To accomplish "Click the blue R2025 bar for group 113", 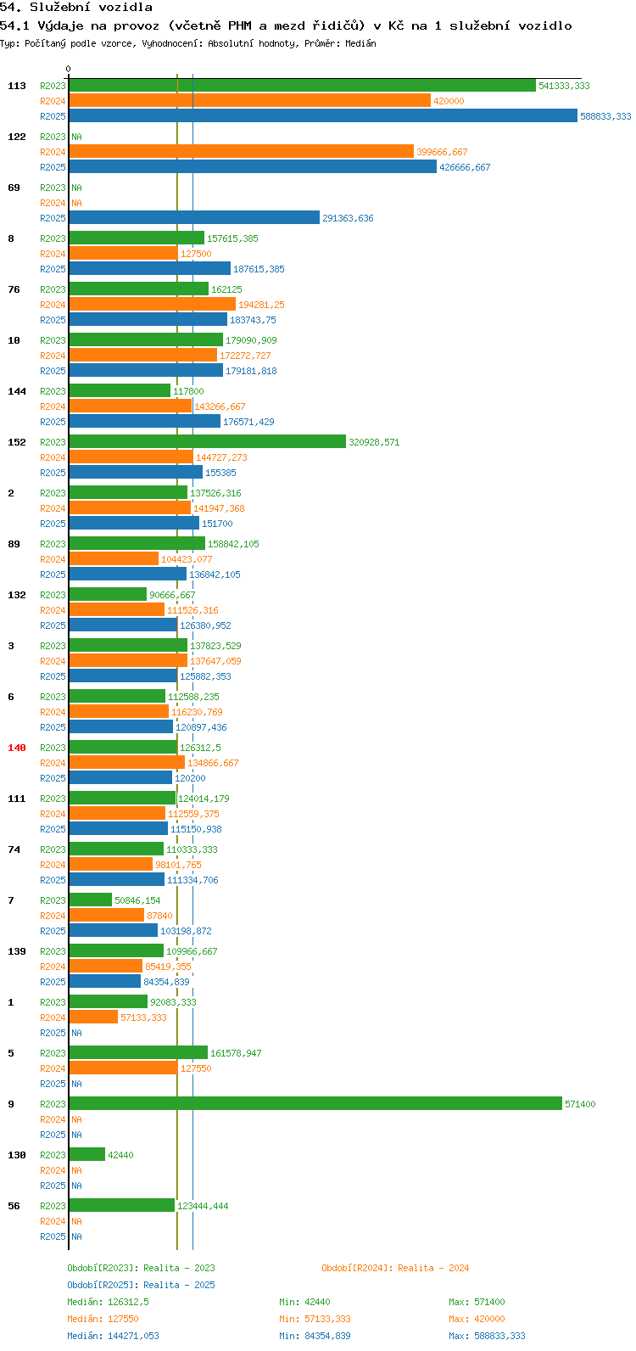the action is (x=323, y=115).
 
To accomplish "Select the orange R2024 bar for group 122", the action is (x=241, y=151).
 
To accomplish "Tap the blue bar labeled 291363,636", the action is (x=194, y=218).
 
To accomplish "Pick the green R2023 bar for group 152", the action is (x=208, y=441).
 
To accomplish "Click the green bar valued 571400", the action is (x=315, y=1103).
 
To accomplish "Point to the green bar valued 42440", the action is (x=86, y=1154).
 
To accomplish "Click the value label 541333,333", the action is (x=564, y=86).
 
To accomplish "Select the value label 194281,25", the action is (x=262, y=305).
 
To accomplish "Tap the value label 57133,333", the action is (x=143, y=1017).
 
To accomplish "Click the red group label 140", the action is (x=17, y=748).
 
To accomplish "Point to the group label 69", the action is (x=14, y=188).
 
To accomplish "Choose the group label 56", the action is (x=14, y=1206).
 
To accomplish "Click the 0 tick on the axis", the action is (x=68, y=70).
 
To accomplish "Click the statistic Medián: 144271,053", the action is (x=114, y=1336).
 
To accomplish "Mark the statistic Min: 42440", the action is (x=304, y=1302).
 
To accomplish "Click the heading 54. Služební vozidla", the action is (x=76, y=8).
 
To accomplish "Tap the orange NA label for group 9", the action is (x=76, y=1118).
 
